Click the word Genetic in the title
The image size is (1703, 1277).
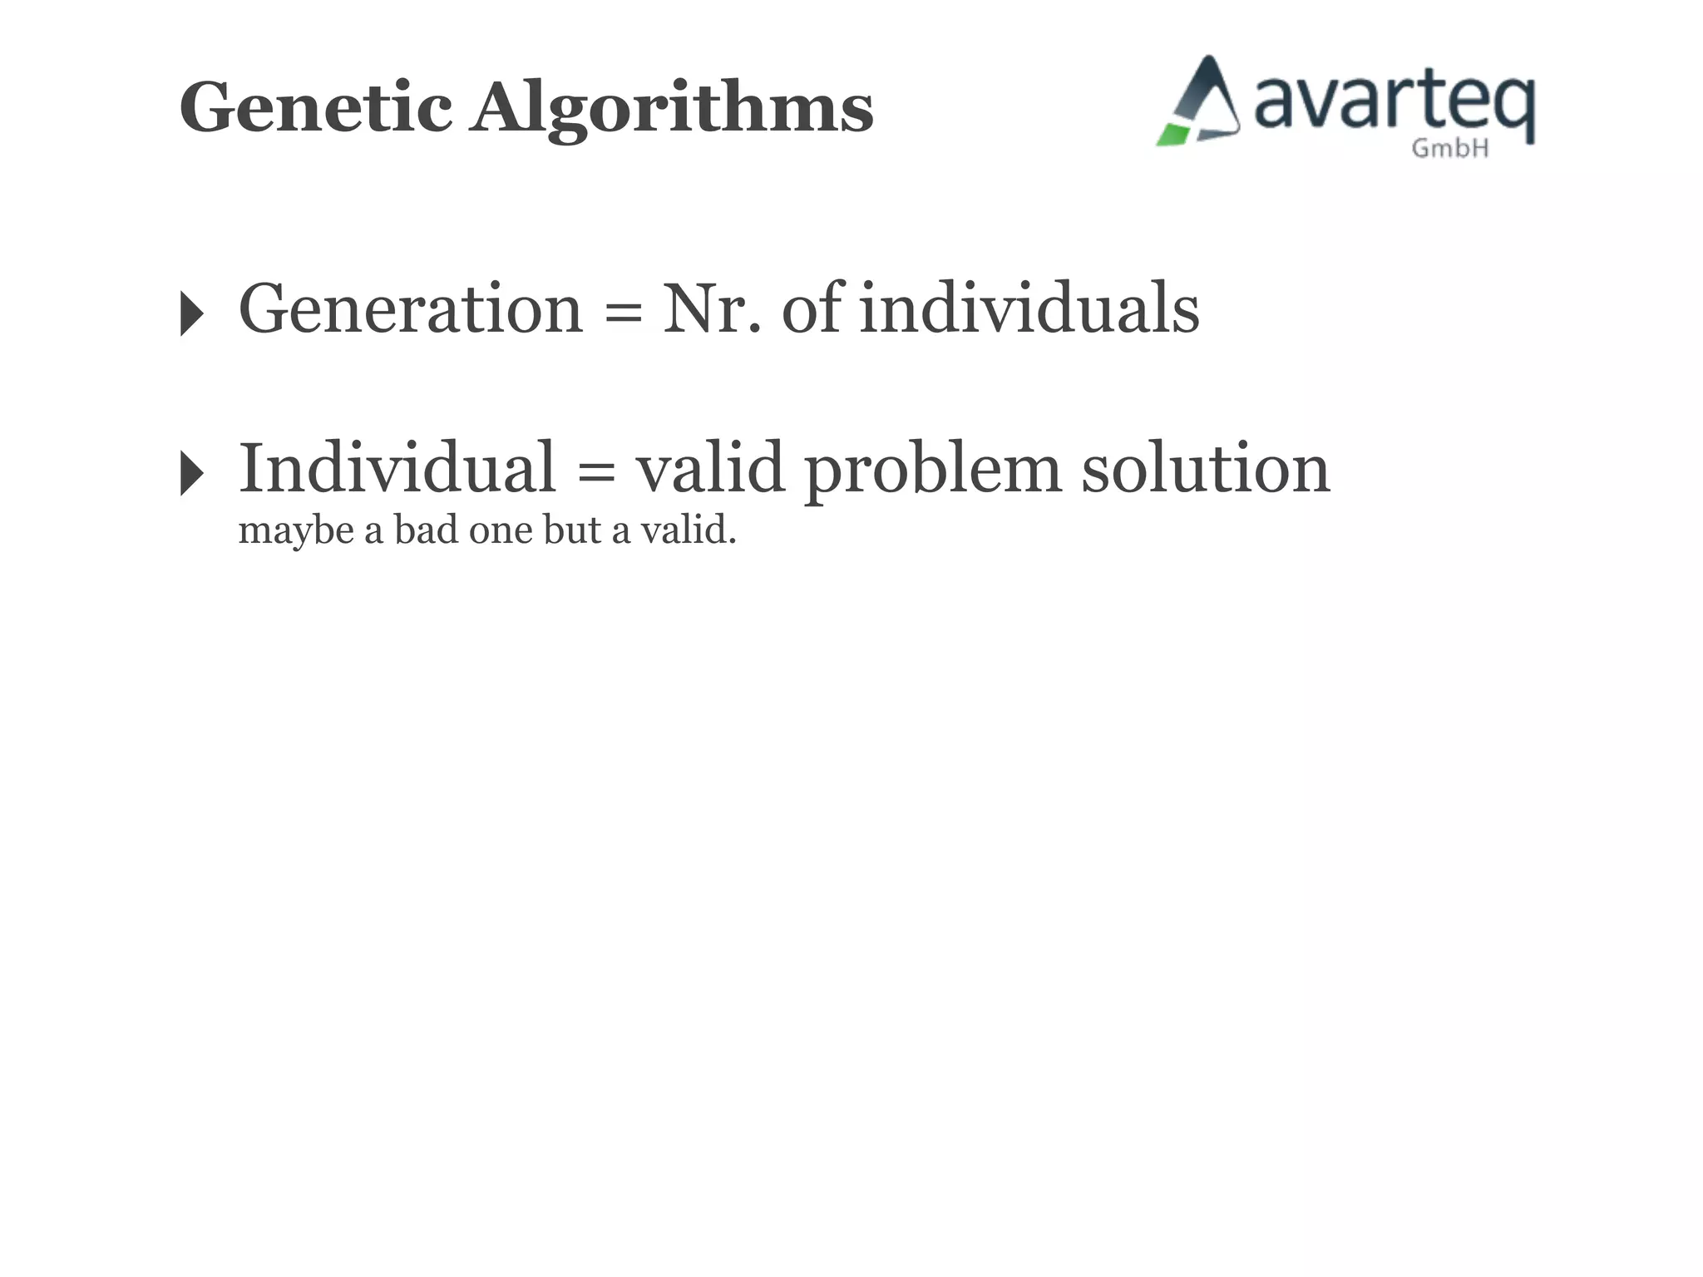[x=315, y=107]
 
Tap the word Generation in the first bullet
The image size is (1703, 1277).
[x=411, y=308]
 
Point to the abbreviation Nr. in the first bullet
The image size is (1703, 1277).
[x=712, y=308]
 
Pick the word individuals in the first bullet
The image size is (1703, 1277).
[x=1029, y=308]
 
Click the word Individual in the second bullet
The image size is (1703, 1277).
[x=397, y=468]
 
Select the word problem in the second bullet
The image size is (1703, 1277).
[x=932, y=471]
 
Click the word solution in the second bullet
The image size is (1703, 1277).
[x=1205, y=468]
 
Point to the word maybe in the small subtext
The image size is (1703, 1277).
[x=296, y=531]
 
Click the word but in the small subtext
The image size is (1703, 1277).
[x=572, y=530]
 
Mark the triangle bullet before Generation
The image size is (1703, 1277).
[x=191, y=313]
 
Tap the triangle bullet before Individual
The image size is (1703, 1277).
[x=191, y=474]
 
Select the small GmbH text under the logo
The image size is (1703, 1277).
[x=1449, y=149]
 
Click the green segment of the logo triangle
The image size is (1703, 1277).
[x=1172, y=135]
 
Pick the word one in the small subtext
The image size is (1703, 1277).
[x=501, y=531]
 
